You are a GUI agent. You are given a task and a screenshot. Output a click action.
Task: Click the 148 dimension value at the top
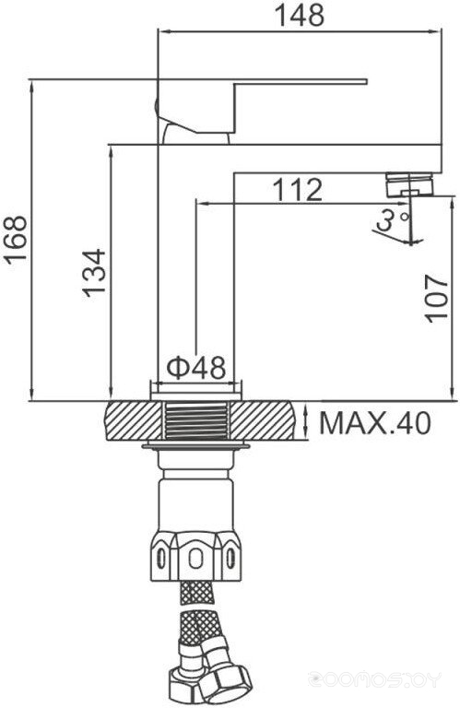pos(300,15)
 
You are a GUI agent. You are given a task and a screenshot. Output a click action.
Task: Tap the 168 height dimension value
pos(16,240)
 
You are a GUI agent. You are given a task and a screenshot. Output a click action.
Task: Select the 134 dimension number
pos(94,273)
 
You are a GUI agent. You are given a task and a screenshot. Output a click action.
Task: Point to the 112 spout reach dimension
pos(298,190)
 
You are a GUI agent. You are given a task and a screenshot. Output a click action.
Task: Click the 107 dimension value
pos(436,298)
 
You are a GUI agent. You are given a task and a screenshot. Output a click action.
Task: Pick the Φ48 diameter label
pos(196,368)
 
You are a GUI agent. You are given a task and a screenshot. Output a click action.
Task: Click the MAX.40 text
pos(375,423)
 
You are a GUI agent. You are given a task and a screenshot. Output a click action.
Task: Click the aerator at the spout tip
pos(410,184)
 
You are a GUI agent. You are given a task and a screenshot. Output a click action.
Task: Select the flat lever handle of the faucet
pos(262,107)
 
